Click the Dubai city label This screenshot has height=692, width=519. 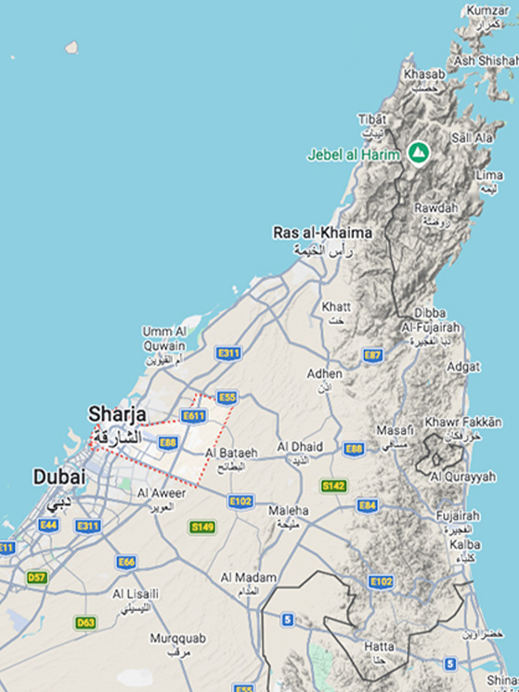tap(59, 477)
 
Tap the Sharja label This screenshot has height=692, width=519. tap(116, 413)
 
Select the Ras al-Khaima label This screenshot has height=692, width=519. tap(322, 232)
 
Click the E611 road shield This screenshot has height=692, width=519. tap(193, 416)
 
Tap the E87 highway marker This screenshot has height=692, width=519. tap(372, 355)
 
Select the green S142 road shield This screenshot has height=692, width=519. tap(333, 486)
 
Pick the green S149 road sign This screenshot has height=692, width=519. tap(202, 527)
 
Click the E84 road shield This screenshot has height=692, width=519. tap(368, 505)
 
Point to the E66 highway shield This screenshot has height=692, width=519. tap(126, 562)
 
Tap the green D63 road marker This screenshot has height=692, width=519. tap(85, 622)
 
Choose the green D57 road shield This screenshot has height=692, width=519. tap(36, 577)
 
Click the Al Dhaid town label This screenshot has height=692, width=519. tap(300, 447)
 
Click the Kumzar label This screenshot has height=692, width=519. tap(487, 10)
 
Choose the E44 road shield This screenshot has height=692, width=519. tap(48, 525)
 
